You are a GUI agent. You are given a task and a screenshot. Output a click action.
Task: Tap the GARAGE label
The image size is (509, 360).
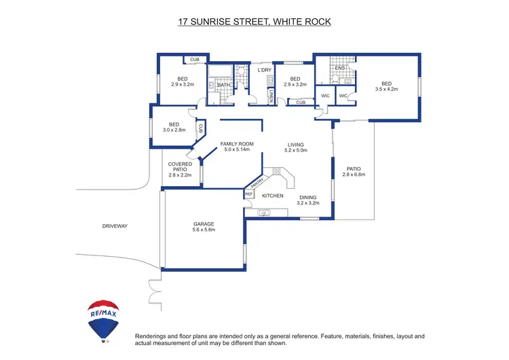(203, 224)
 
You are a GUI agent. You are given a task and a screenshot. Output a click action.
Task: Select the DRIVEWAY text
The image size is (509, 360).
(115, 226)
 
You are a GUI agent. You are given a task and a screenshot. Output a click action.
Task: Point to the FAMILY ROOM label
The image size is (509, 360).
(237, 144)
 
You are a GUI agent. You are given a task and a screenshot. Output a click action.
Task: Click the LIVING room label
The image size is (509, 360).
(296, 145)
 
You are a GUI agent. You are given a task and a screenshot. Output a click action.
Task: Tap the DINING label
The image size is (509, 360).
(308, 196)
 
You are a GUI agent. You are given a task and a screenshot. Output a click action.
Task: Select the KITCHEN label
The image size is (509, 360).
(273, 196)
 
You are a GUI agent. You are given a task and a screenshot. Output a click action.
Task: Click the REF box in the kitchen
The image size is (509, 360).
(248, 194)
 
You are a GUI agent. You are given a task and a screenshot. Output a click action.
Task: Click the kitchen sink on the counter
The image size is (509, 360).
(263, 213)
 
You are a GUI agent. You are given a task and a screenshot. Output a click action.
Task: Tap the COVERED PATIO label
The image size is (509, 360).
(181, 167)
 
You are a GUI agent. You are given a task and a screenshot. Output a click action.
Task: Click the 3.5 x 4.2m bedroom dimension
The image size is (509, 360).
(386, 89)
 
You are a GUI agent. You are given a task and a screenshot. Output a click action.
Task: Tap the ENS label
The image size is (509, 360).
(340, 68)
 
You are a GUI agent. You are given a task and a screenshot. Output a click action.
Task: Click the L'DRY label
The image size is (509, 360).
(265, 70)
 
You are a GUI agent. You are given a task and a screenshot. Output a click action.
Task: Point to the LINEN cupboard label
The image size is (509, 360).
(271, 96)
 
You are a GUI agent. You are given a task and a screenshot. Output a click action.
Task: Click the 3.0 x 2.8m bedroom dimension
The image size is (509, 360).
(174, 130)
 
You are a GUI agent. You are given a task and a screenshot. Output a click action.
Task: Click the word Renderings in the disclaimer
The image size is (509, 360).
(153, 336)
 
